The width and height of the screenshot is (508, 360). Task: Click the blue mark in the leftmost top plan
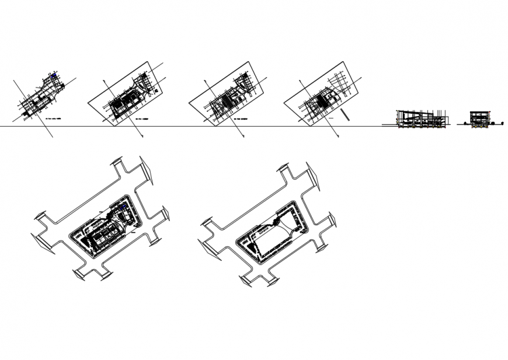[x=54, y=75]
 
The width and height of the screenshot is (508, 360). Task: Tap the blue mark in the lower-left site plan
[x=123, y=207]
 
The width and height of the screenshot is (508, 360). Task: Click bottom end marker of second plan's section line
[x=143, y=137]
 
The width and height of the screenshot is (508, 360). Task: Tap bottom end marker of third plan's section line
[x=242, y=137]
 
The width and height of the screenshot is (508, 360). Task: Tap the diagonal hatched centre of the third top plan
[x=224, y=103]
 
